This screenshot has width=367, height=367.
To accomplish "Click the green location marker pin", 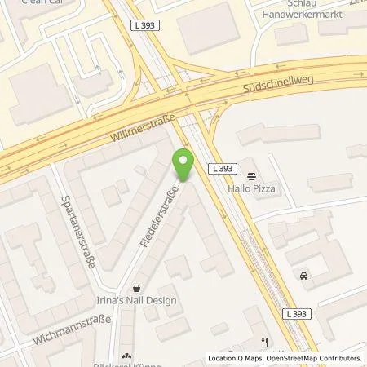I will tap(184, 163).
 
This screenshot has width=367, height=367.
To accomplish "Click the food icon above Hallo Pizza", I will tap(250, 175).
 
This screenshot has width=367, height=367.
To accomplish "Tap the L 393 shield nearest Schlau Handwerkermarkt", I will tap(141, 25).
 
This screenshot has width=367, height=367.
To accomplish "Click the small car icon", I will tap(304, 276).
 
